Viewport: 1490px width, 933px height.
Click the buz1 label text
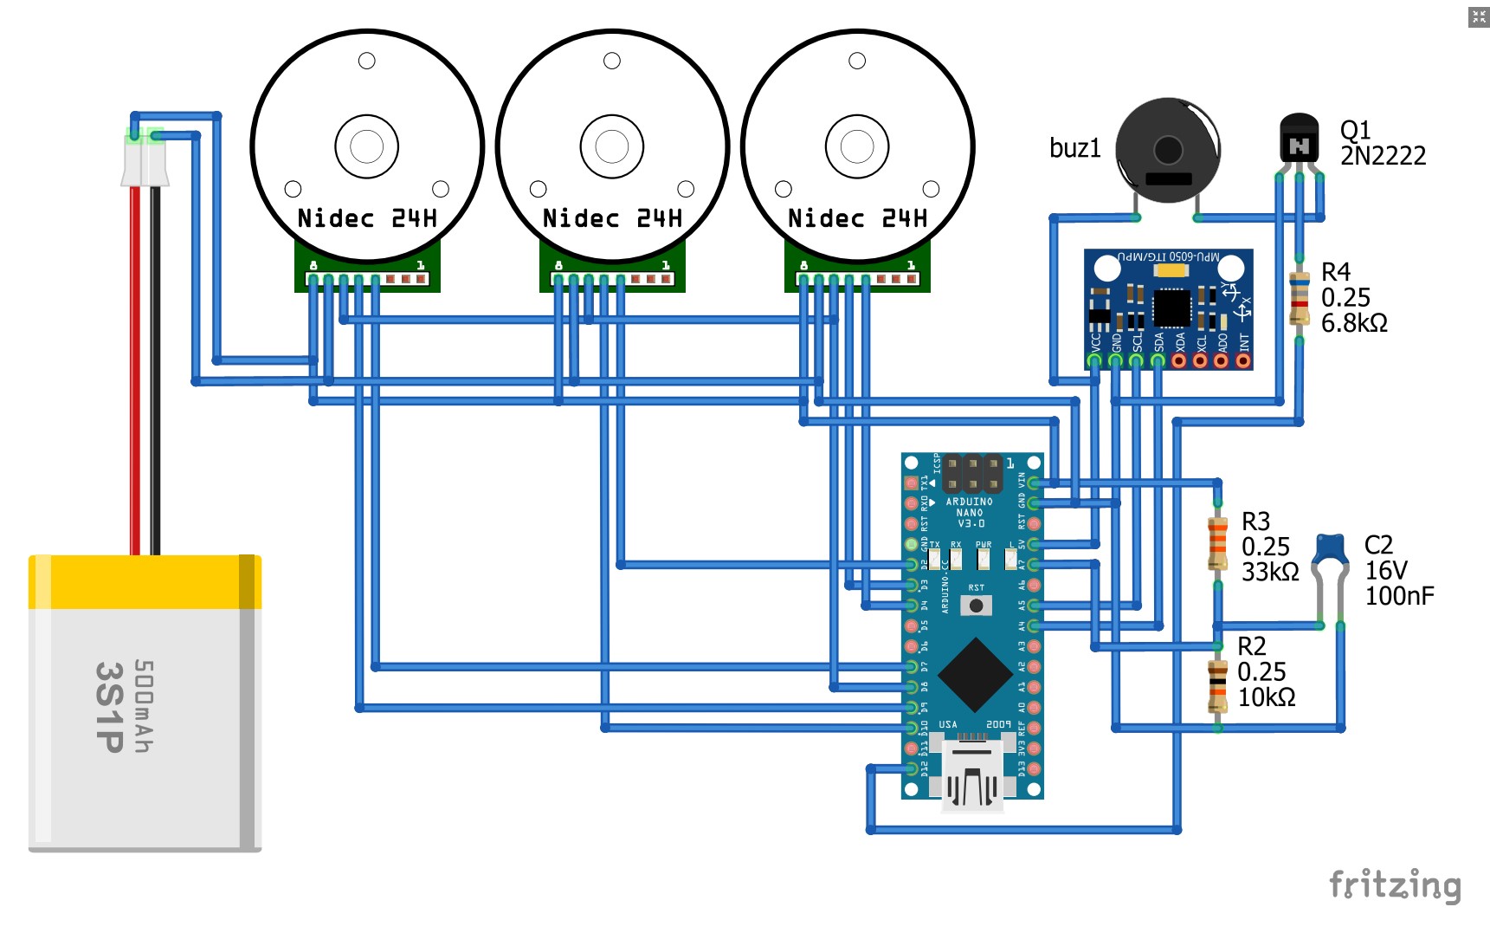[1074, 148]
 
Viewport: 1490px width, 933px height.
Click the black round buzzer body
[1167, 150]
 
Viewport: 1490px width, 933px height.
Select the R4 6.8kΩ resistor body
[1299, 298]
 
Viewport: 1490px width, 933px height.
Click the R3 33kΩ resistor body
[1217, 543]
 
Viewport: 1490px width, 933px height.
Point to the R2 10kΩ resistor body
[1217, 684]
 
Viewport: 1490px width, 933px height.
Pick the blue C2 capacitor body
[1330, 549]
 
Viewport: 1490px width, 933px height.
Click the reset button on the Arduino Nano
[976, 606]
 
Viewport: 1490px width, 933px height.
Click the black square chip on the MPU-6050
[1171, 307]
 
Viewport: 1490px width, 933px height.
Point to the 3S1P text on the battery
[109, 706]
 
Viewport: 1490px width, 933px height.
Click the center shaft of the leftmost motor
[366, 146]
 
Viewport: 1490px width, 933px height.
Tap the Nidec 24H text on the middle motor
[612, 218]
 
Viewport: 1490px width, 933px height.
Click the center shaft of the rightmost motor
[856, 146]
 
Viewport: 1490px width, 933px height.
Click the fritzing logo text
[1394, 885]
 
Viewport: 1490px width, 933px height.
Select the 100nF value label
[1398, 596]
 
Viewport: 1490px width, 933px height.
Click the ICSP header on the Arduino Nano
[971, 473]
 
